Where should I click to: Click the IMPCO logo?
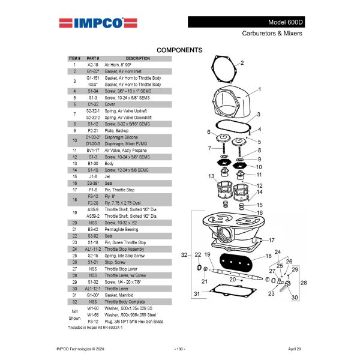pos(92,23)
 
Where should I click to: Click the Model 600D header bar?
pos(247,22)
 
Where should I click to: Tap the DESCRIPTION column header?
pos(137,59)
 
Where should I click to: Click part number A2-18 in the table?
pos(92,65)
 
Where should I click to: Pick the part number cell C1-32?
pos(92,104)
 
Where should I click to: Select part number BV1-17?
pos(92,150)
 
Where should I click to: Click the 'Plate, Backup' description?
pos(118,130)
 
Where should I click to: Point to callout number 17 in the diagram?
pos(271,240)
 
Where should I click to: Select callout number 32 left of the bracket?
pos(184,256)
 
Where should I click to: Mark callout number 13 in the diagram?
pos(211,176)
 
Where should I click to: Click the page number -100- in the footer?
pos(179,349)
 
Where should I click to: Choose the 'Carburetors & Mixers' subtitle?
pos(272,34)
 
